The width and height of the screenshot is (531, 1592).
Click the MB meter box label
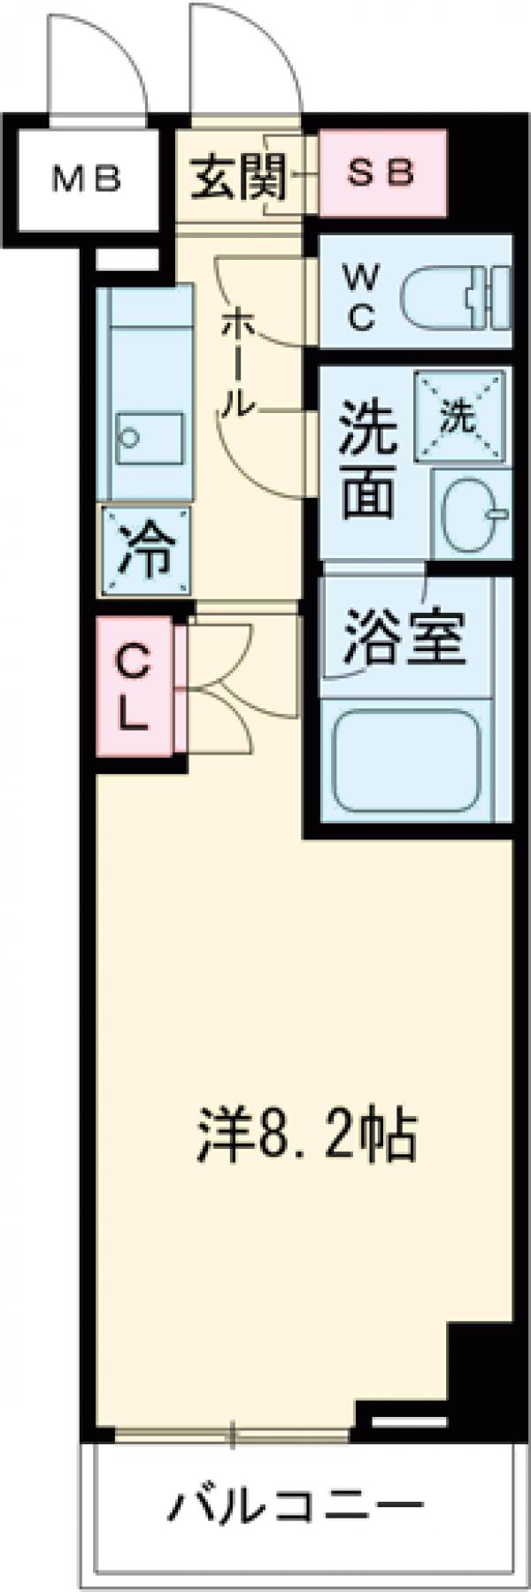pos(86,180)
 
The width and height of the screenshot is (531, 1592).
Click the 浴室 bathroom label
pos(404,634)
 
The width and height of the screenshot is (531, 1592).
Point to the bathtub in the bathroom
pos(407,751)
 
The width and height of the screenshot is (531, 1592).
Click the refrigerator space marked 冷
pos(146,550)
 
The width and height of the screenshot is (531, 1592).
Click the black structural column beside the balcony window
pos(478,1353)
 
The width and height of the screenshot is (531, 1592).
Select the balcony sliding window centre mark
pos(234,1433)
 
